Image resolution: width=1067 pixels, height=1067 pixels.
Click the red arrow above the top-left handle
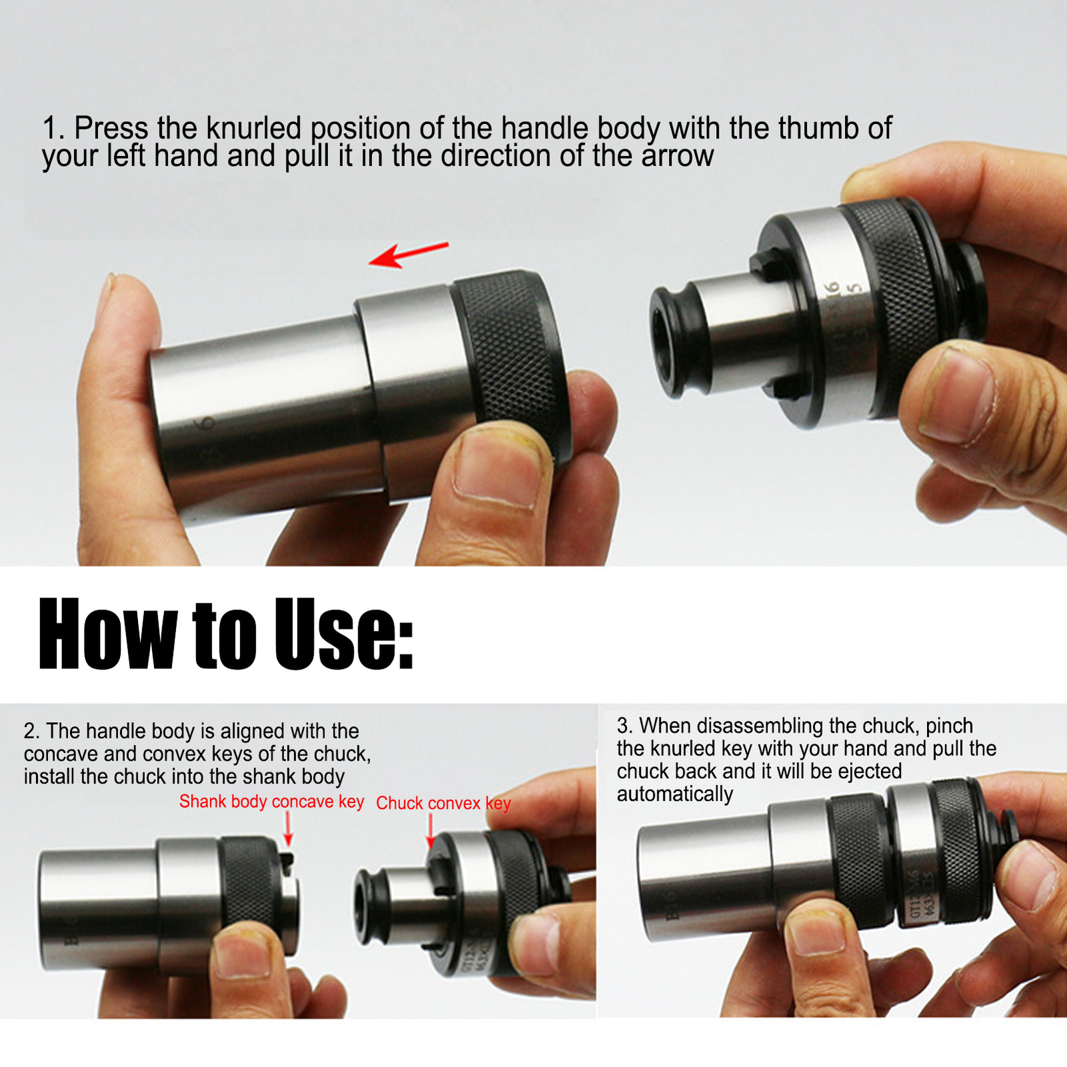(x=408, y=255)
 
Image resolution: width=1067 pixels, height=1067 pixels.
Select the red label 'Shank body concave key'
(x=271, y=801)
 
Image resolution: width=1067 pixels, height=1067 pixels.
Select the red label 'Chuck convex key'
(x=443, y=803)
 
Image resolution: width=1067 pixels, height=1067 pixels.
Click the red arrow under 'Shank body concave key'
(x=288, y=830)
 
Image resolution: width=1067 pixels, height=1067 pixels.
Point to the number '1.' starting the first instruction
(x=53, y=128)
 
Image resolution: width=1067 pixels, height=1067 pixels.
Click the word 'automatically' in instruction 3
(x=674, y=794)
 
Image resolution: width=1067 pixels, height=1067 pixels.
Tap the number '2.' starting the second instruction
(x=32, y=731)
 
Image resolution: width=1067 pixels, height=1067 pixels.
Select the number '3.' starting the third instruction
(x=625, y=726)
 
